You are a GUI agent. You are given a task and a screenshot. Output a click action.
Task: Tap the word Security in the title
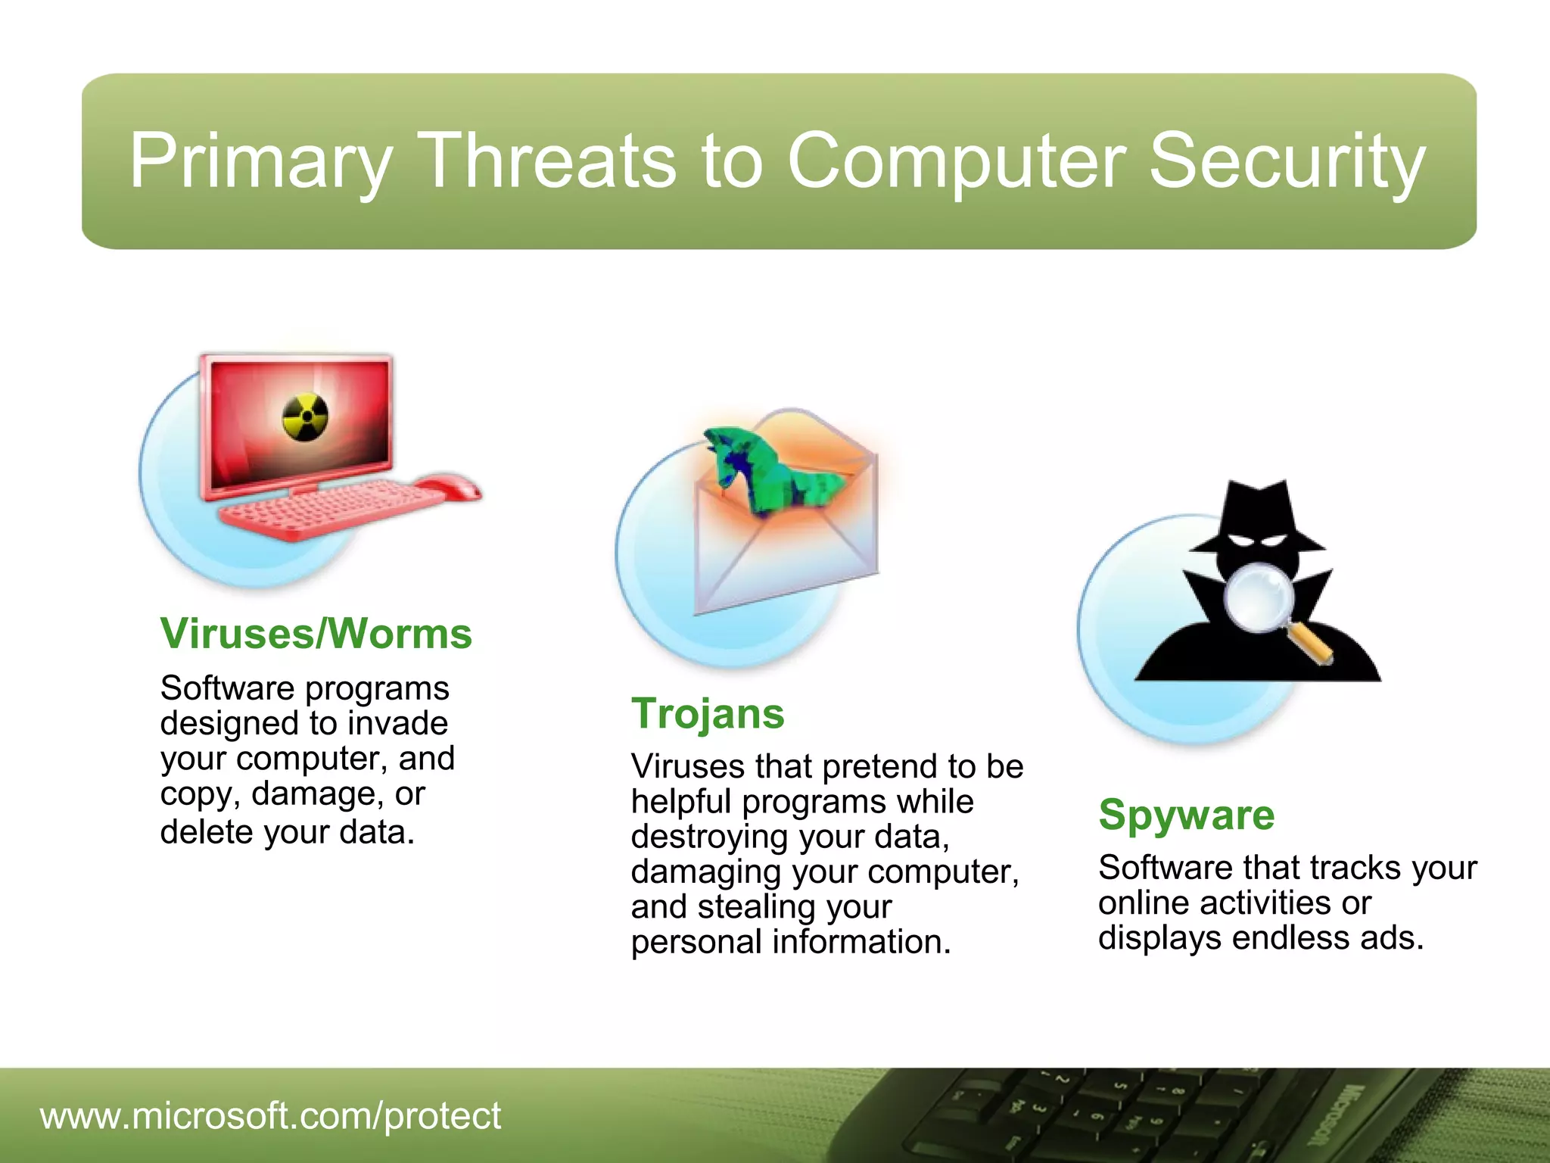coord(1287,161)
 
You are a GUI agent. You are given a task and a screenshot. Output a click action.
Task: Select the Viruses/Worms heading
coord(316,634)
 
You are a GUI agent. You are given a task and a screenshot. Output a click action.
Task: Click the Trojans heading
coord(708,713)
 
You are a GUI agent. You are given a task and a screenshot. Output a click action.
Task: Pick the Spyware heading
coord(1186,815)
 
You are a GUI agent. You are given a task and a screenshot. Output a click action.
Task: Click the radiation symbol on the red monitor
coord(305,417)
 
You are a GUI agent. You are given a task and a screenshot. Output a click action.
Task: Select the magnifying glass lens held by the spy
coord(1259,599)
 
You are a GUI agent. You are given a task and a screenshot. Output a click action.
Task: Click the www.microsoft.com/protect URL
coord(270,1115)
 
